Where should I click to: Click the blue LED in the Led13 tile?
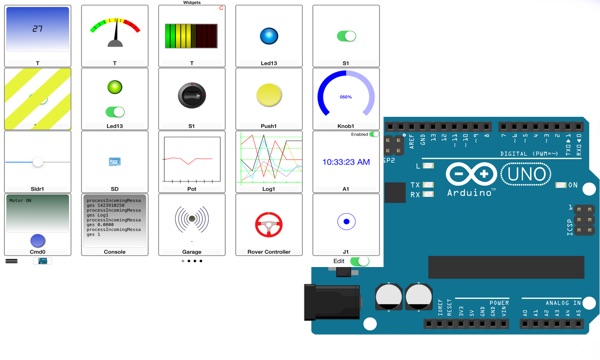(269, 36)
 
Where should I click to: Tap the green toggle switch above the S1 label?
(347, 36)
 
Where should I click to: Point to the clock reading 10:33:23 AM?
(346, 161)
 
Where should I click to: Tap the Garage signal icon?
(192, 220)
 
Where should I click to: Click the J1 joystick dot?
(346, 221)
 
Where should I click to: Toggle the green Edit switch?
(359, 261)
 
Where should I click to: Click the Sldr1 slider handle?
(38, 161)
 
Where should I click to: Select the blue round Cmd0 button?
(38, 240)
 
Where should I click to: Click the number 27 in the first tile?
(38, 29)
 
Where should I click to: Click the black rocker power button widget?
(192, 96)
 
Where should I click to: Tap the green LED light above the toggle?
(115, 88)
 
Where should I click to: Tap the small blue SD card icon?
(115, 161)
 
